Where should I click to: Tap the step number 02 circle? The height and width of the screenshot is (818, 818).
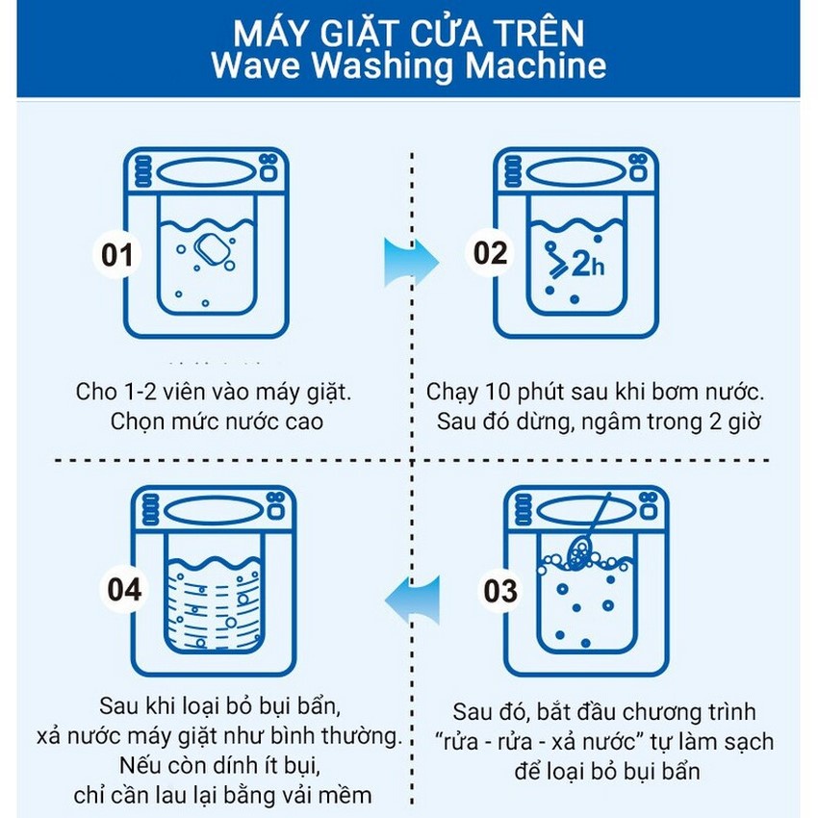pyautogui.click(x=489, y=254)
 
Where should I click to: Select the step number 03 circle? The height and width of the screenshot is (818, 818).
pyautogui.click(x=500, y=591)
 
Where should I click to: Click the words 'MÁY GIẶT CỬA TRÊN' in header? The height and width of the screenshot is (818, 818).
pyautogui.click(x=408, y=33)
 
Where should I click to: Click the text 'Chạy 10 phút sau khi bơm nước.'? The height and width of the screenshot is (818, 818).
pyautogui.click(x=596, y=394)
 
